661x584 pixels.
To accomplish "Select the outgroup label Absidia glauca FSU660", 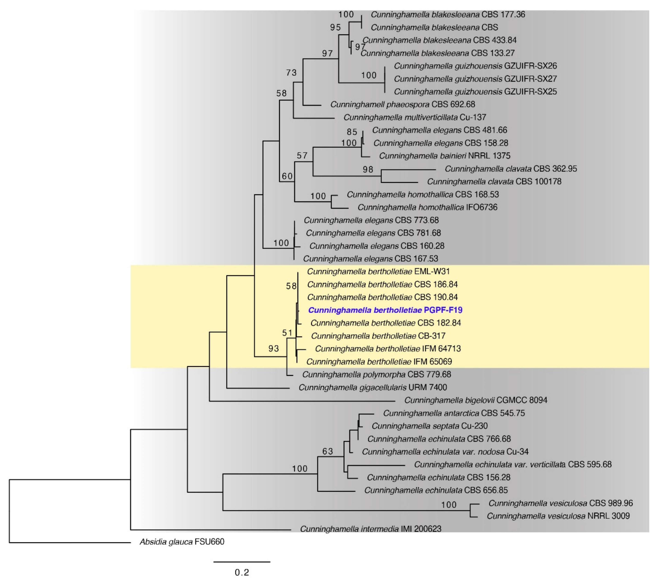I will coord(182,542).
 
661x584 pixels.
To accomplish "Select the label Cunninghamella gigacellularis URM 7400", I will coord(373,387).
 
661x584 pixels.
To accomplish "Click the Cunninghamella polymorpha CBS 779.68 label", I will coord(376,374).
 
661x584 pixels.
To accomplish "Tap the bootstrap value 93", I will coord(274,348).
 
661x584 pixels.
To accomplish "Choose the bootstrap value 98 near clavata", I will coord(368,169).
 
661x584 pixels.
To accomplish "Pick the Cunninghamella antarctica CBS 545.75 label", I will coord(454,413).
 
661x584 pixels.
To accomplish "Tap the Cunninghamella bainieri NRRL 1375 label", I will coord(445,156).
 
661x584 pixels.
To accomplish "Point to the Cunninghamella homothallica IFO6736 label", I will coord(427,207).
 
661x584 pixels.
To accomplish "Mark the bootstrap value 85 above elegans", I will coord(352,132).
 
